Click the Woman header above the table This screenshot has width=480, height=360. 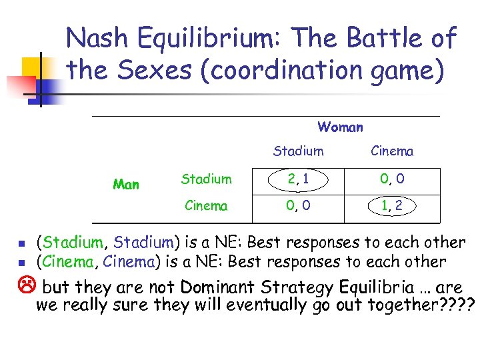[340, 127]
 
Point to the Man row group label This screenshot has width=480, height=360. [126, 184]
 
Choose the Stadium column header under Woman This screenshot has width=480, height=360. [298, 151]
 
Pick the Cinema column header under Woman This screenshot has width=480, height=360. [392, 151]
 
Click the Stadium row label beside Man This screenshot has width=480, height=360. [206, 179]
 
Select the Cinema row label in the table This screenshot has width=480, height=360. [206, 206]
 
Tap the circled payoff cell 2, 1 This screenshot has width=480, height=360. [297, 179]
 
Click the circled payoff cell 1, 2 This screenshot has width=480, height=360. [392, 206]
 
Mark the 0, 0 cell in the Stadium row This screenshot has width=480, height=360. [392, 179]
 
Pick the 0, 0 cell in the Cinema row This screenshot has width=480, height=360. [297, 206]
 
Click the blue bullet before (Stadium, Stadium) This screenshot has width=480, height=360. [21, 243]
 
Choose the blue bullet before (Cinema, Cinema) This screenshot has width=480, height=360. [21, 262]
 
